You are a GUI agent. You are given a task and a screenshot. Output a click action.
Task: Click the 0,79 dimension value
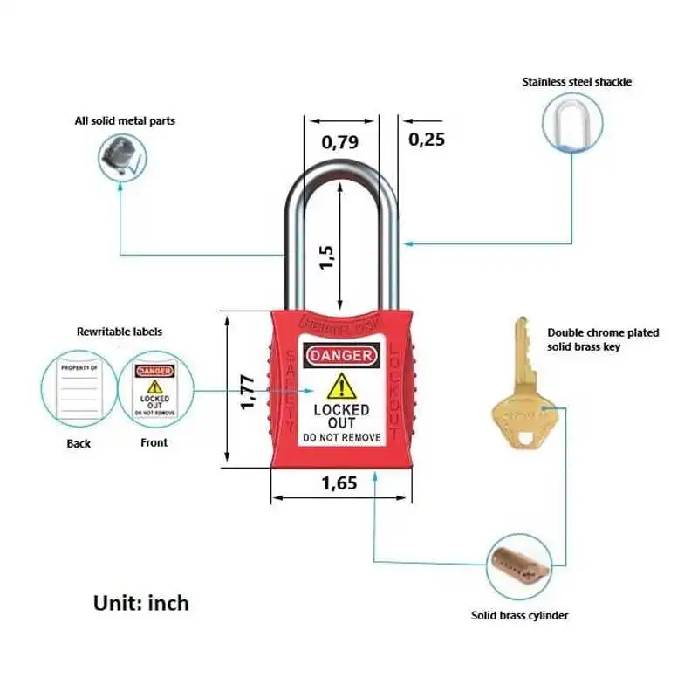pos(339,142)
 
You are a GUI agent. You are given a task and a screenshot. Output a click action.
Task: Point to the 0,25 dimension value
pos(427,139)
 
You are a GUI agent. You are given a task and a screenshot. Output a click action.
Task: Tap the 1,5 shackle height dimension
pos(328,257)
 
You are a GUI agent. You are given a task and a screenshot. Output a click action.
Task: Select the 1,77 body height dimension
pos(248,393)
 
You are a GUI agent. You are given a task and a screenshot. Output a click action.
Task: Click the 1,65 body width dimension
pos(339,483)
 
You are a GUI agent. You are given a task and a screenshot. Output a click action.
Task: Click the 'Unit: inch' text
pos(140,603)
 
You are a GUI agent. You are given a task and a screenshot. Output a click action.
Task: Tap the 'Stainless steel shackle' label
pos(577,82)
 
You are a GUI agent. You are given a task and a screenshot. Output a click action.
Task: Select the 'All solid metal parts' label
pos(124,120)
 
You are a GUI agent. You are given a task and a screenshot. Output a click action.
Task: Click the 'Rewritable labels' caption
pos(120,332)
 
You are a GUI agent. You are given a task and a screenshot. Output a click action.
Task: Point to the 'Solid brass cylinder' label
pos(520,616)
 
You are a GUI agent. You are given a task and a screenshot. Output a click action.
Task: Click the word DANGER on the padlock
pos(341,356)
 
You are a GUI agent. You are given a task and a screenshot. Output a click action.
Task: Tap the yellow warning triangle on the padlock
pos(341,386)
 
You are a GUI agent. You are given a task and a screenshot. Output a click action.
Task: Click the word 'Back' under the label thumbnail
pos(79,443)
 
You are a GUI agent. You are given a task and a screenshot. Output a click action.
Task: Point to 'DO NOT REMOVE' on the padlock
pos(341,436)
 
